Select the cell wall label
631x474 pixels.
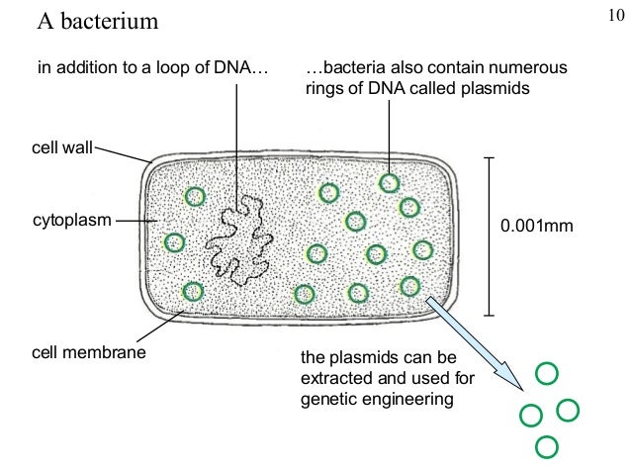pos(61,148)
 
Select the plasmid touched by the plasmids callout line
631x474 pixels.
pos(391,183)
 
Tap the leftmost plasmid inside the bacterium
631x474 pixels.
pos(175,241)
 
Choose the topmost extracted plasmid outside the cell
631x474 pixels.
pos(547,374)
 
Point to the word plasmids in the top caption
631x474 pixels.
pos(500,88)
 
